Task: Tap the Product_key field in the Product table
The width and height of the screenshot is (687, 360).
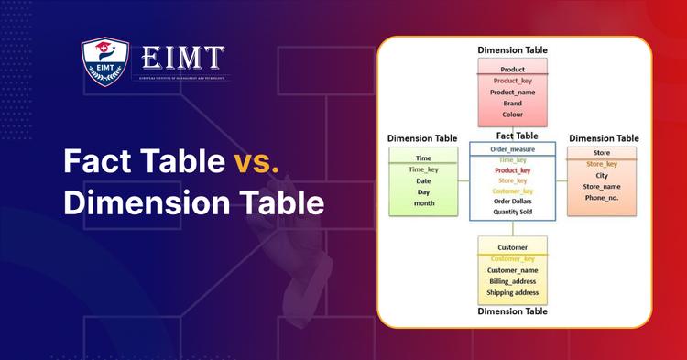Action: pyautogui.click(x=512, y=81)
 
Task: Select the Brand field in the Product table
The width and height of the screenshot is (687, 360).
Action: pyautogui.click(x=512, y=104)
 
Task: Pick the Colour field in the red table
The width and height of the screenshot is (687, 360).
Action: pyautogui.click(x=512, y=115)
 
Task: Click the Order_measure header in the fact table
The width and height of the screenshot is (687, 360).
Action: pyautogui.click(x=512, y=148)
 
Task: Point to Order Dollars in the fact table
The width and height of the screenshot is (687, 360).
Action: pyautogui.click(x=512, y=201)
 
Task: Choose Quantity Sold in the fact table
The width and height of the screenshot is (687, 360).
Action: pyautogui.click(x=512, y=212)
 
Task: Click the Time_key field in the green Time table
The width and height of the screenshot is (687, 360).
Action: pyautogui.click(x=423, y=169)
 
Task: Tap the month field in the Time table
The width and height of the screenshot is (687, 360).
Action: pyautogui.click(x=423, y=203)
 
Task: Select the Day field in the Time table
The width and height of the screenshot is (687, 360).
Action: pyautogui.click(x=423, y=192)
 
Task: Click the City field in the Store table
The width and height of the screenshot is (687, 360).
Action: pyautogui.click(x=602, y=175)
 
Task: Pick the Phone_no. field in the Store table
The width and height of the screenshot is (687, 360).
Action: pyautogui.click(x=602, y=198)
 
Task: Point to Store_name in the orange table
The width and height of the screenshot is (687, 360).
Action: pyautogui.click(x=602, y=187)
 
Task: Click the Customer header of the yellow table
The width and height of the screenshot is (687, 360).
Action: pyautogui.click(x=512, y=247)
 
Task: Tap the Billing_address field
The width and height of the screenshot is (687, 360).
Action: pyautogui.click(x=512, y=282)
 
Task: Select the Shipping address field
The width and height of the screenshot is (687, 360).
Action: pyautogui.click(x=512, y=294)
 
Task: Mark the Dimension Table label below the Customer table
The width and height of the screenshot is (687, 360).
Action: pyautogui.click(x=512, y=311)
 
